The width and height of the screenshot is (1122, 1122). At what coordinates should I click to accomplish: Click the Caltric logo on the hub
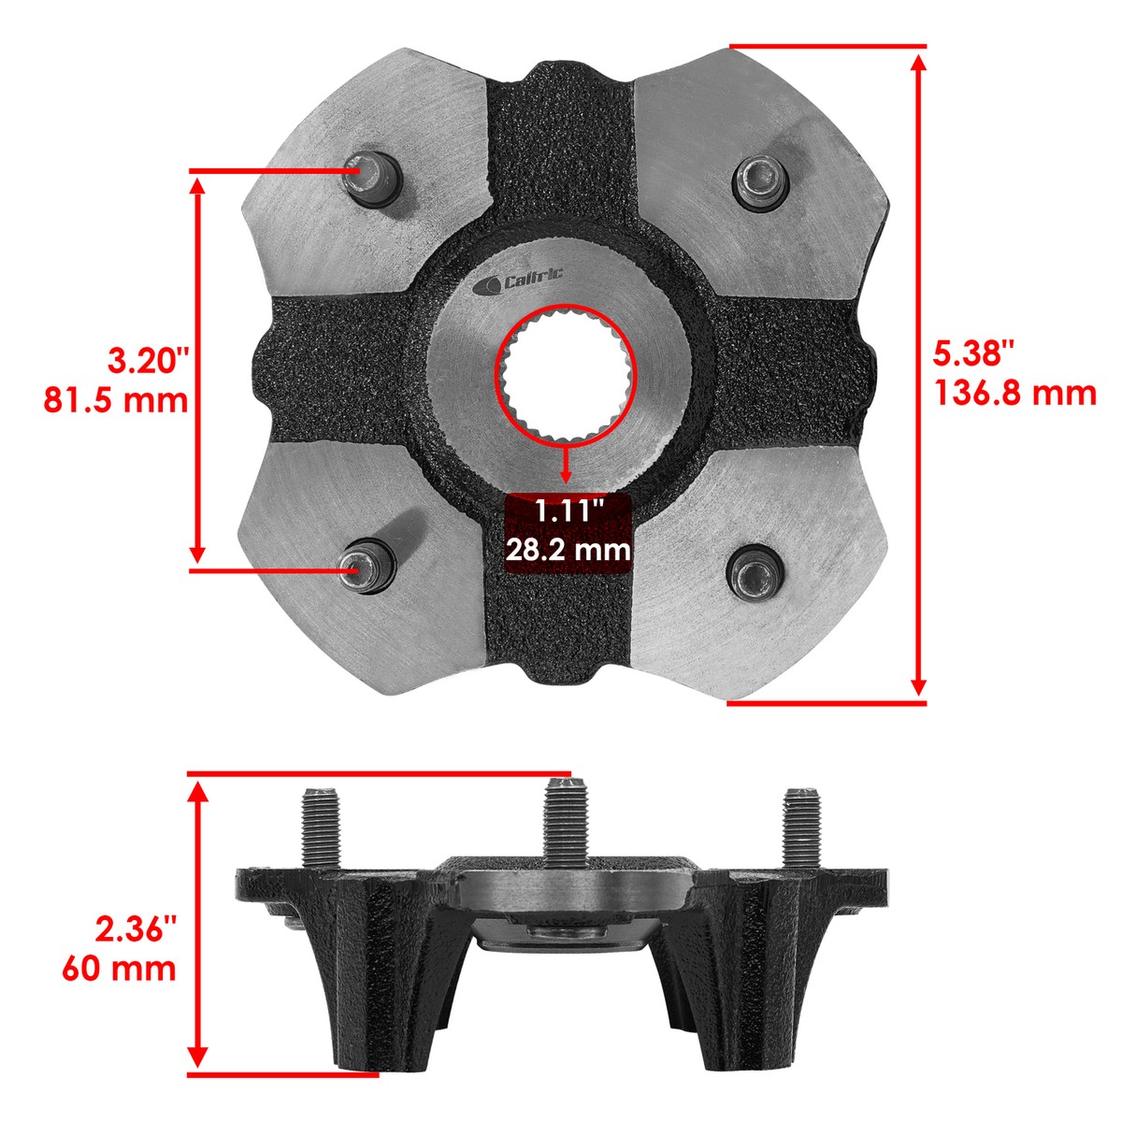pyautogui.click(x=518, y=283)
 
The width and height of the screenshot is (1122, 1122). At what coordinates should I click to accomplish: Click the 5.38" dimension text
pyautogui.click(x=973, y=352)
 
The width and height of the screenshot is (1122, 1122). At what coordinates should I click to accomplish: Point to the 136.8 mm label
pyautogui.click(x=1015, y=393)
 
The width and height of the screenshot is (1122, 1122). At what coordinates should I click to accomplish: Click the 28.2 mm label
pyautogui.click(x=568, y=549)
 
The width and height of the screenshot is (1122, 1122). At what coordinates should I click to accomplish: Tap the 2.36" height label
pyautogui.click(x=136, y=930)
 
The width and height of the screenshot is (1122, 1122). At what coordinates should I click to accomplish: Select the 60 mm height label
pyautogui.click(x=120, y=969)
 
